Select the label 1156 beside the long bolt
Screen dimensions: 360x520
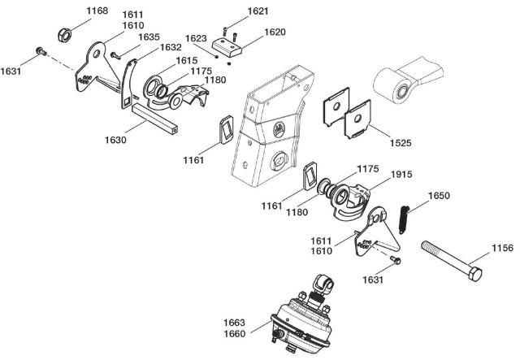tap(501, 248)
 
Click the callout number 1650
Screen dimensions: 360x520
tap(439, 197)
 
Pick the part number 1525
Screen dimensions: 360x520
tap(399, 142)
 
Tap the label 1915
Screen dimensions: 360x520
tap(401, 175)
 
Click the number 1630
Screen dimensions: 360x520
tap(115, 140)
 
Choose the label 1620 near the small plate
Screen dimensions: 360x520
tap(275, 33)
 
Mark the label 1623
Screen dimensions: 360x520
tap(196, 38)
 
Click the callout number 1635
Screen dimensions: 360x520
tap(149, 37)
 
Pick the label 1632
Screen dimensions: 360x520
tap(170, 48)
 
